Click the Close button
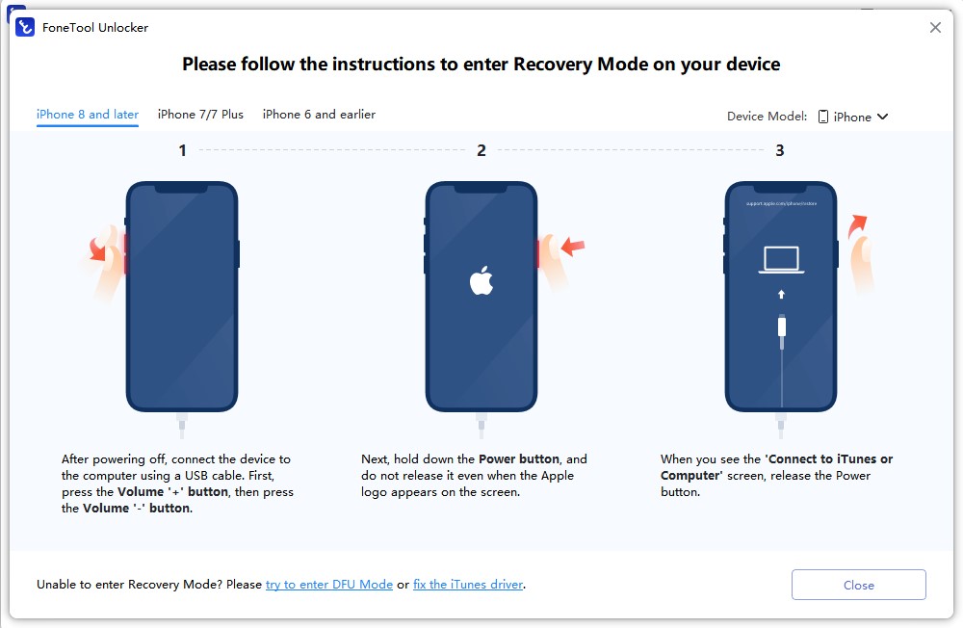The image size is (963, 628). coord(858,585)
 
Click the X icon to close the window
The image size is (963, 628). coord(935,28)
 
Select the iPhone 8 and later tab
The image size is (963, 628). coord(88,115)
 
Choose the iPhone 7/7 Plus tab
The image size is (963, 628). coord(200,115)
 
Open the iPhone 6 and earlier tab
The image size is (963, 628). coord(319,115)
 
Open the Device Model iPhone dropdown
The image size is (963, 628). coord(853,117)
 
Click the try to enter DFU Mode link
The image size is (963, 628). coord(329,585)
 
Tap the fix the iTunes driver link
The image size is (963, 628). coord(468,585)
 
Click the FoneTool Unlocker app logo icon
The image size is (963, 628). coord(26,28)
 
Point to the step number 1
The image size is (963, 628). coord(182,150)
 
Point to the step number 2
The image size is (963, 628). coord(481,150)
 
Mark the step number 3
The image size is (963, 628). coord(780,150)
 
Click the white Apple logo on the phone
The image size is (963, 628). coord(481,281)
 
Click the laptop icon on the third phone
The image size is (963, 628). coord(781,260)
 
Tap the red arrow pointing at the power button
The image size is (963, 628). coord(573,247)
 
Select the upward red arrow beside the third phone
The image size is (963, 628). coord(857,225)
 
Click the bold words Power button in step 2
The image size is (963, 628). coord(519,459)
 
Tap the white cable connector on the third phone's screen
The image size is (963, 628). coord(781,326)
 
